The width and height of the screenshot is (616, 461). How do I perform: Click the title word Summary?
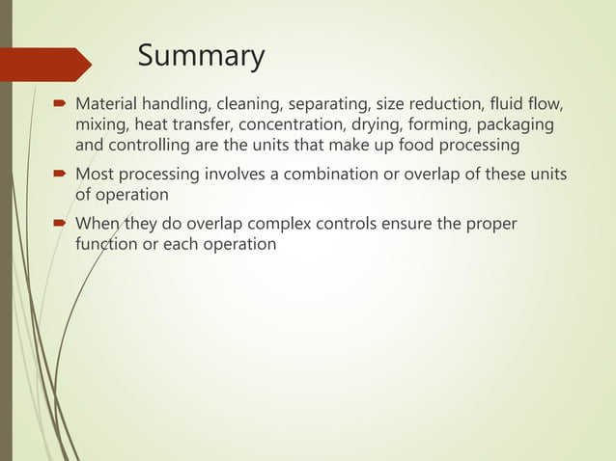pos(201,57)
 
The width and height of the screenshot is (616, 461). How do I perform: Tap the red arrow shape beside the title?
pos(48,64)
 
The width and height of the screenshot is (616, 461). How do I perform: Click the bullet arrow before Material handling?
pos(60,102)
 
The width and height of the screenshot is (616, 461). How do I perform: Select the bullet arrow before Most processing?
pos(60,175)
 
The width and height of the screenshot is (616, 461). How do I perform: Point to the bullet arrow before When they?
pos(60,225)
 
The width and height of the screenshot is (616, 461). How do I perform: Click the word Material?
pos(108,102)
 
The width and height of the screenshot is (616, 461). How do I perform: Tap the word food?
pos(392,146)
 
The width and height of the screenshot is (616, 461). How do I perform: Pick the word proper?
pos(489,225)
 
